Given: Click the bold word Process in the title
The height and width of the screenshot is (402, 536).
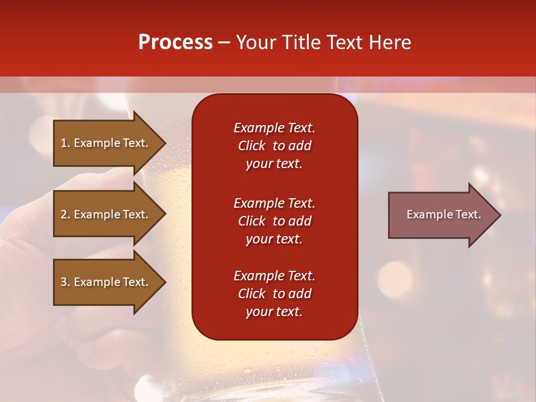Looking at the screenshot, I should coord(175,42).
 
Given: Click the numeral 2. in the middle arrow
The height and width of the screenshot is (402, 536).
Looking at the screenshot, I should coord(65,214).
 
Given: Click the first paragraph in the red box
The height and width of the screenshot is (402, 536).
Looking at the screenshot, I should coord(274,146).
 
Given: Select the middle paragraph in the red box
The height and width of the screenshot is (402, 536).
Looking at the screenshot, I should coord(274,221).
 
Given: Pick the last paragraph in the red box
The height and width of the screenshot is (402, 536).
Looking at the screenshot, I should coord(274,294).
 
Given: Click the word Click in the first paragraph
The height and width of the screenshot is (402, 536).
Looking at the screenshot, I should coord(252,146).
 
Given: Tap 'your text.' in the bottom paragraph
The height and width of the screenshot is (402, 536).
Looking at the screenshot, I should coord(274,312).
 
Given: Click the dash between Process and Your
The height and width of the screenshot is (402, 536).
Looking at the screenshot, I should coord(224,43).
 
